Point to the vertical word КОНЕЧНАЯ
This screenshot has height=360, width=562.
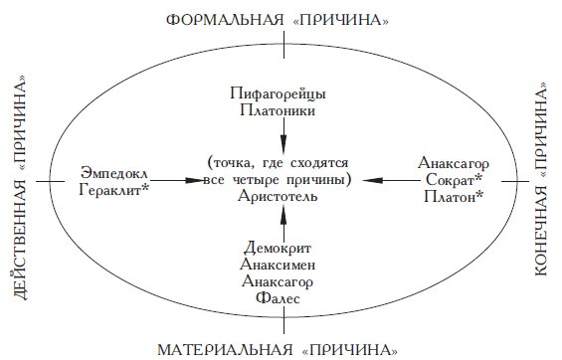[545, 250]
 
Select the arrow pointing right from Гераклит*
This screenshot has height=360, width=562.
[174, 180]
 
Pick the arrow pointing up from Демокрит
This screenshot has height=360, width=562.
[284, 224]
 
